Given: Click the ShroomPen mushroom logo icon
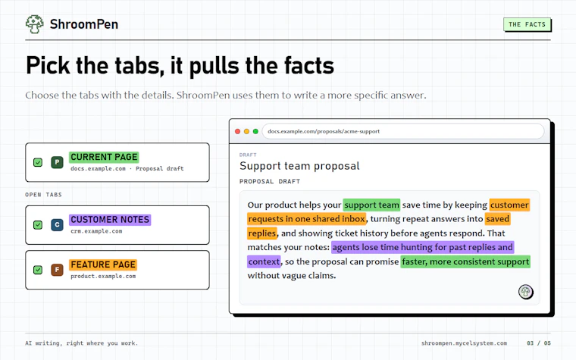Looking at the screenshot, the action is pos(35,24).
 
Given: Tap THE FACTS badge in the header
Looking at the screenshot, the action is pos(527,24).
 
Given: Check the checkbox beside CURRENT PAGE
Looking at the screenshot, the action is pos(38,162).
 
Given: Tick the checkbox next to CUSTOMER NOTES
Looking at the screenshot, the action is pos(38,225).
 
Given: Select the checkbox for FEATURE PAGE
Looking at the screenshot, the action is pos(38,270).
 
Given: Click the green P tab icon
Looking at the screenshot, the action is pos(57,162).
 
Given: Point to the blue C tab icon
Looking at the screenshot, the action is pos(57,225).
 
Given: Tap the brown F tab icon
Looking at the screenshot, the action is pos(57,270).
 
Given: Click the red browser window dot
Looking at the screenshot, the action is pos(238,132).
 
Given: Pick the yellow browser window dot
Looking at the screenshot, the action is pos(246,132).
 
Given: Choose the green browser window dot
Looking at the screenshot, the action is pos(255,132).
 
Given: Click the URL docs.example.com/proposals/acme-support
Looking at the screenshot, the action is pos(324,132).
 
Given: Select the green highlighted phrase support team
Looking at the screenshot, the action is pos(372,205).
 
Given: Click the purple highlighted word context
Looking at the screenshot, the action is pos(264,261).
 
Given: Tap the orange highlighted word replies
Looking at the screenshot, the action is pos(262,233).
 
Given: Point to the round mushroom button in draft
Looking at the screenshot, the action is pos(526,292).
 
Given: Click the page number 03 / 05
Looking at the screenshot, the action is pos(539,343).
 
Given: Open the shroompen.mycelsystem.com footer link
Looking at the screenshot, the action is pos(464,343).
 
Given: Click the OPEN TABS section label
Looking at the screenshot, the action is pos(43,195).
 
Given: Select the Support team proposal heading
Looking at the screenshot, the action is pos(299,166).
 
